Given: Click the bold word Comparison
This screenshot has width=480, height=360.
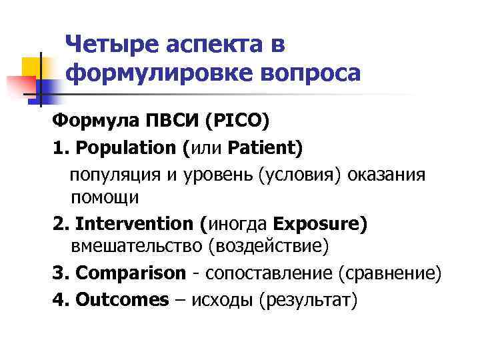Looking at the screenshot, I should (130, 273).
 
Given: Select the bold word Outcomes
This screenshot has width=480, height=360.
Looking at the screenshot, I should (121, 300).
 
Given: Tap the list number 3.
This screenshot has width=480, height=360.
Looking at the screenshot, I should (59, 273).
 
